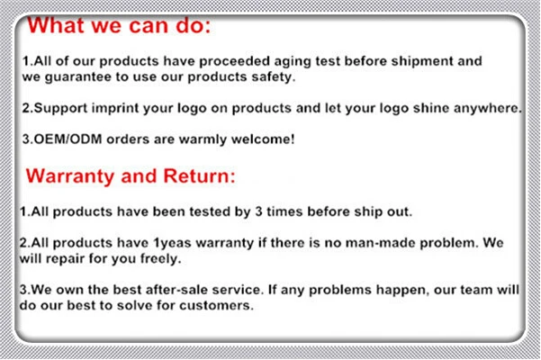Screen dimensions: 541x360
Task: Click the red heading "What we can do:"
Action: [119, 25]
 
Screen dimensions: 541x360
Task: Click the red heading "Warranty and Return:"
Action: [131, 176]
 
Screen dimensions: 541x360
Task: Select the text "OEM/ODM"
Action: [68, 139]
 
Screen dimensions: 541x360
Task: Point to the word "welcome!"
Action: [263, 139]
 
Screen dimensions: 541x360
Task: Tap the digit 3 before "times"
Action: [258, 211]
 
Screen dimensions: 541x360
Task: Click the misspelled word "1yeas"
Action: [172, 243]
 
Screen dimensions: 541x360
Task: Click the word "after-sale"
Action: [176, 290]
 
